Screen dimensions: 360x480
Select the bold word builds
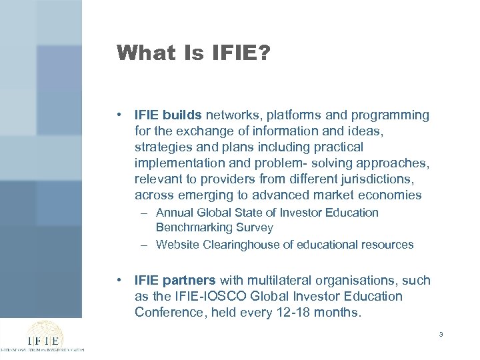(x=185, y=115)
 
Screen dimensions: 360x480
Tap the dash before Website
(x=144, y=245)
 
